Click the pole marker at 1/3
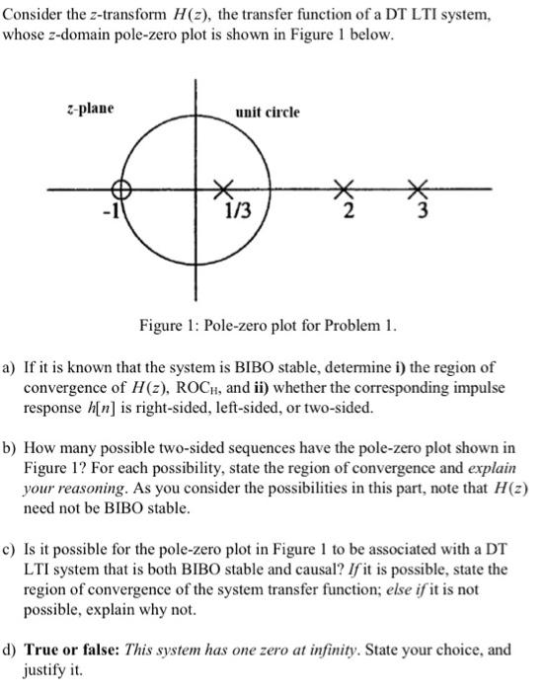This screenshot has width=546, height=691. [x=226, y=188]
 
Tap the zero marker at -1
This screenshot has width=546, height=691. [x=120, y=189]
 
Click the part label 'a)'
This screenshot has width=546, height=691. [x=11, y=365]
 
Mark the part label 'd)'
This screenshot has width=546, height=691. [x=11, y=650]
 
